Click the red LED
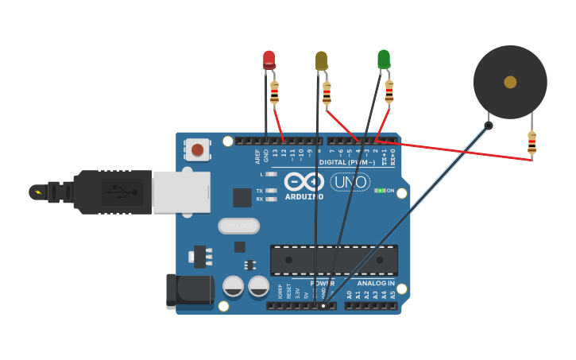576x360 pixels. (x=269, y=59)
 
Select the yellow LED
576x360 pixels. (x=321, y=60)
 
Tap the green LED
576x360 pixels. (x=384, y=59)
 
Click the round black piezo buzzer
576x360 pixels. (x=510, y=82)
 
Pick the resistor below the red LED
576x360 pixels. (x=275, y=93)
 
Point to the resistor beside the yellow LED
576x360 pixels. (x=327, y=94)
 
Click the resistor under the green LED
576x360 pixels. (x=389, y=92)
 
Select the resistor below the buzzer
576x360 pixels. (x=532, y=143)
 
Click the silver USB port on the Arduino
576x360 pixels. (x=181, y=192)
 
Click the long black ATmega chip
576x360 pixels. (x=334, y=260)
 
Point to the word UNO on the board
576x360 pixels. (x=350, y=182)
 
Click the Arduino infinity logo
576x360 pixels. (x=303, y=181)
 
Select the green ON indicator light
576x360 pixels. (x=380, y=191)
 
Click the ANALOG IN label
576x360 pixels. (x=376, y=283)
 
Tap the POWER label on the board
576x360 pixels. (x=322, y=283)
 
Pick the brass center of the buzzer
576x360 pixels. (x=510, y=82)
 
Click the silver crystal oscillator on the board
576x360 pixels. (x=238, y=226)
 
